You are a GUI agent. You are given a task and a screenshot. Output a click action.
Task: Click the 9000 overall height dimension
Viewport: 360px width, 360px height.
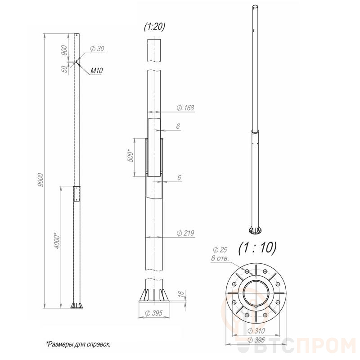(40, 180)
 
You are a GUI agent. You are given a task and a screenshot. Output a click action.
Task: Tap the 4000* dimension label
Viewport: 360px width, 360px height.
(57, 241)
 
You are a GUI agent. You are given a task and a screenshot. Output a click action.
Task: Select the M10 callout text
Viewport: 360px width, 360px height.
(96, 71)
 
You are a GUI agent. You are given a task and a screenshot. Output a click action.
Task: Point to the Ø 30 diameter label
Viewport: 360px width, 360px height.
(97, 49)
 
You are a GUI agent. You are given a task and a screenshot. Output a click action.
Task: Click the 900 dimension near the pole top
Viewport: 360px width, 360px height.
(64, 50)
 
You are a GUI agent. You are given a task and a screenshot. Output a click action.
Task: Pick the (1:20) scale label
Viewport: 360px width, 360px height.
(154, 27)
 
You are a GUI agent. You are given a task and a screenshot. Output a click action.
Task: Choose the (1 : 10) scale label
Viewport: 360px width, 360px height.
(257, 248)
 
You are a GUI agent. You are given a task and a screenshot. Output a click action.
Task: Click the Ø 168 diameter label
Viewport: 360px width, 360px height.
(185, 108)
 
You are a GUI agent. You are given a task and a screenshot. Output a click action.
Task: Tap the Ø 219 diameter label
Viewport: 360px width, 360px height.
(185, 233)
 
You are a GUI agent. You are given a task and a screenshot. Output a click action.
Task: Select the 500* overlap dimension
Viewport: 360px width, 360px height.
(130, 156)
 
